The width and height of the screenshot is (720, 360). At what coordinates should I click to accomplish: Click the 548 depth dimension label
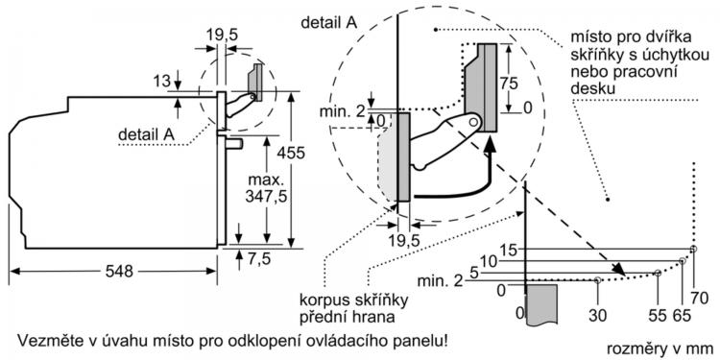pos(119,272)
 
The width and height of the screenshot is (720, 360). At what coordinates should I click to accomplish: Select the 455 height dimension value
pos(291,153)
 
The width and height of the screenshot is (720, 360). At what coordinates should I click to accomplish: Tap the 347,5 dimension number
pos(266,197)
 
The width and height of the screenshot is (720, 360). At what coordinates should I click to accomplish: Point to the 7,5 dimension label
pos(260,259)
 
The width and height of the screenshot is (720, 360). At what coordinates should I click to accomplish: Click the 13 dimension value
pos(162,83)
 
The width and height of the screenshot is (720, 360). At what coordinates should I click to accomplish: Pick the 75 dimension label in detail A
pos(509,84)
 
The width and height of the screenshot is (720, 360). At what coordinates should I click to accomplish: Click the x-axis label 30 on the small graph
pos(597,316)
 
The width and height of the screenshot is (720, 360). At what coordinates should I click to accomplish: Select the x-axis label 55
pos(658,316)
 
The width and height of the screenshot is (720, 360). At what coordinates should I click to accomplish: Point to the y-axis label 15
pos(508,251)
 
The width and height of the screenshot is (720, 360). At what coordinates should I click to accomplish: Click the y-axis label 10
pos(490,262)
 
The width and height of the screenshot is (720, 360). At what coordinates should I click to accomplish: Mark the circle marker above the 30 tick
pos(597,280)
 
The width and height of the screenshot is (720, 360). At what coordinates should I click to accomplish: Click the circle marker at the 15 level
pos(693,249)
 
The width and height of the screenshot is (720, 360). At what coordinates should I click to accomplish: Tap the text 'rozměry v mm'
pos(660,348)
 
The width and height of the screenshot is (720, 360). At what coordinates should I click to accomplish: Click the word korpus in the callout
pos(324,300)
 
